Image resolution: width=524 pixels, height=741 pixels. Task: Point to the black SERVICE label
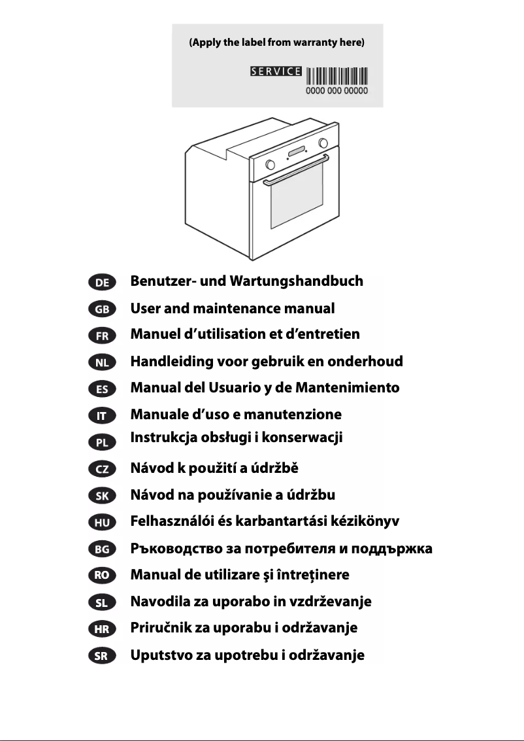click(x=276, y=71)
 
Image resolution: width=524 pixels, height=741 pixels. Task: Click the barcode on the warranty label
click(x=337, y=75)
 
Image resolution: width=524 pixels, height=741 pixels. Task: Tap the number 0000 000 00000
click(x=337, y=90)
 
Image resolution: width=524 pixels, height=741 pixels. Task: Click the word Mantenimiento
click(x=347, y=388)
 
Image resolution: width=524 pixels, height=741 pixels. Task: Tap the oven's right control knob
click(x=323, y=143)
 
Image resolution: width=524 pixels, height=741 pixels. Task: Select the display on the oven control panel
click(x=296, y=154)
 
